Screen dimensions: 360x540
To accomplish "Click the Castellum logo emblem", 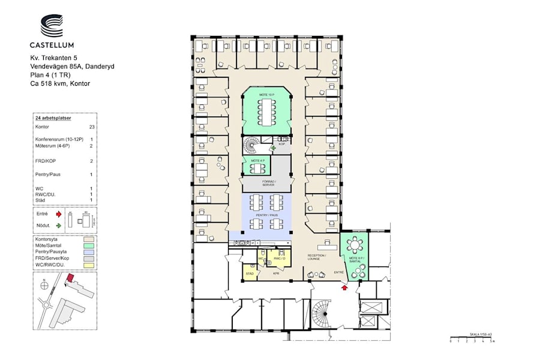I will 52,25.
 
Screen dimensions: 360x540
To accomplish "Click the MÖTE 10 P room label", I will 266,95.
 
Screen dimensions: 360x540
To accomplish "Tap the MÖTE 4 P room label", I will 258,161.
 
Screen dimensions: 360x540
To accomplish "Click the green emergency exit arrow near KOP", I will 274,146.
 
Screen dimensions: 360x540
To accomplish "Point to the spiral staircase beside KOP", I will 251,146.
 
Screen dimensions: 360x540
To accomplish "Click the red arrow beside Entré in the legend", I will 58,213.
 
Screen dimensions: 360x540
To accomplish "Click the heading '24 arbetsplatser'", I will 53,119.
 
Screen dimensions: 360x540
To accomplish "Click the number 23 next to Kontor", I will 92,127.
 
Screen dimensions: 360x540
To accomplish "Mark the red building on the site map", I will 71,278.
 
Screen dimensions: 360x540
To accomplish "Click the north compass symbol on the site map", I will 45,281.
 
